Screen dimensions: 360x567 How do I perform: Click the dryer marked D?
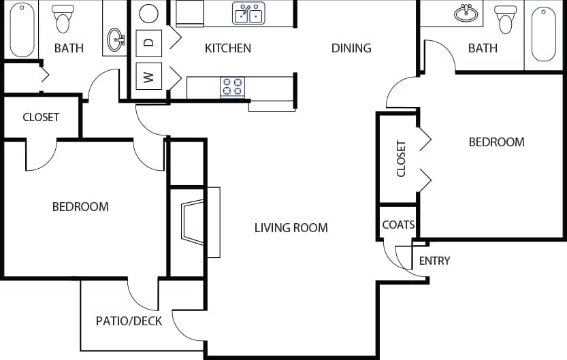coord(149,42)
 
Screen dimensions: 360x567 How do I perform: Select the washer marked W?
coord(149,76)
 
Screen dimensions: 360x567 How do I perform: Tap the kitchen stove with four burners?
coord(232,87)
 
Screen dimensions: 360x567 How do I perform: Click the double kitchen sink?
coord(248,13)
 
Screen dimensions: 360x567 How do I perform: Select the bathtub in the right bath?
coord(544,34)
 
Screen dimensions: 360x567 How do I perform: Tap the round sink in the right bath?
coord(466,13)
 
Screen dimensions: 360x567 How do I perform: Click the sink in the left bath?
coord(116,39)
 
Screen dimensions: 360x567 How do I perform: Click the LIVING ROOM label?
coord(291,228)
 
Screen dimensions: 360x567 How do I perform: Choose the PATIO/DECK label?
coord(129,321)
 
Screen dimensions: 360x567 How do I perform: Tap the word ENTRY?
coord(434,261)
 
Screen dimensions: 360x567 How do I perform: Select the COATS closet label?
coord(398,225)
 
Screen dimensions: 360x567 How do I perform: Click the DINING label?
coord(351,48)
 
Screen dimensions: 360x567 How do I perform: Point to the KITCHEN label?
coord(228,48)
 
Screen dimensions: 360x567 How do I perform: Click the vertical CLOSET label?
coord(401,159)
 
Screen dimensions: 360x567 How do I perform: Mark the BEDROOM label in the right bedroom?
coord(496,142)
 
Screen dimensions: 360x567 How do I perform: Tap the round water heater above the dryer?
coord(149,13)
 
